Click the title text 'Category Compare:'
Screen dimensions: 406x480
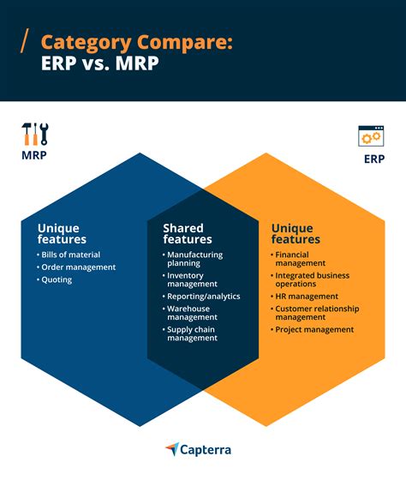137,43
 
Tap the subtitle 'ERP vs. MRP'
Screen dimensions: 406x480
99,63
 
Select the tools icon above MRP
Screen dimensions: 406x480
35,134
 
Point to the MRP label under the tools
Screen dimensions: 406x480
34,155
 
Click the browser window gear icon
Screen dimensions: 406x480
371,136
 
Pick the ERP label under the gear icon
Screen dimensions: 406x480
374,159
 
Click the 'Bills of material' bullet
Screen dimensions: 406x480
69,255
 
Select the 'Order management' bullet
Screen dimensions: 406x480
76,267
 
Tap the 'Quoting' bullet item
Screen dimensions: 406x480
54,279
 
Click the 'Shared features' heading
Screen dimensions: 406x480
188,233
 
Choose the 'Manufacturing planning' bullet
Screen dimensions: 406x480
193,259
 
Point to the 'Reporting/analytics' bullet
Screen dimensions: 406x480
201,297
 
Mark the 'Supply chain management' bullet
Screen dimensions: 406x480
190,333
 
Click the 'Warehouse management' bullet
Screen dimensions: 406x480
190,313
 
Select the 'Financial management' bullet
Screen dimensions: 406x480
298,259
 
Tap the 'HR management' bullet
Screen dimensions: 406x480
304,297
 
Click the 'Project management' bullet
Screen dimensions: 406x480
312,330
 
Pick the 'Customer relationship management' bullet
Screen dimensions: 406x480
315,313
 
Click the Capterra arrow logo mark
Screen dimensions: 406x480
172,449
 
